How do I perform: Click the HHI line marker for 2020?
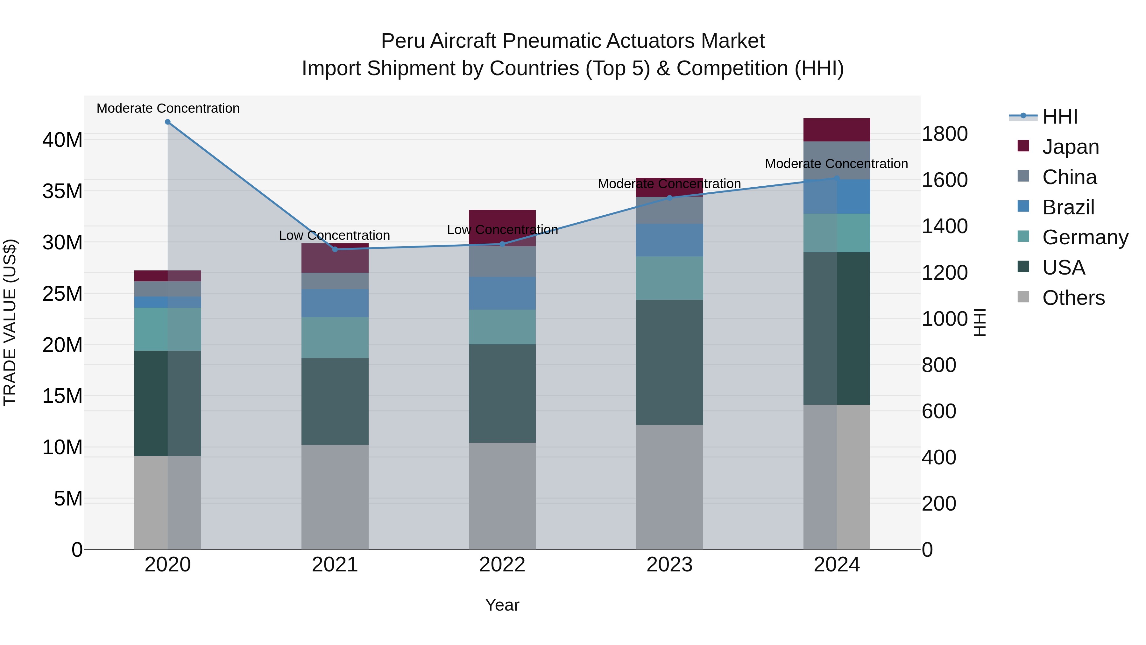168,122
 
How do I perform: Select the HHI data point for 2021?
335,249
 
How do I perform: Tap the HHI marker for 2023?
669,198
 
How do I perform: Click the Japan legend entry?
1070,147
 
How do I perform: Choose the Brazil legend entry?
1068,207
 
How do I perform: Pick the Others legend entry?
1073,298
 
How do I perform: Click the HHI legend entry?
1060,117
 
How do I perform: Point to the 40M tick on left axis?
62,140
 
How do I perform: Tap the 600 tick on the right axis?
939,411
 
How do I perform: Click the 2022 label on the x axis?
502,565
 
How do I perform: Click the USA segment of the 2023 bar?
669,362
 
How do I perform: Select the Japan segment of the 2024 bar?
837,130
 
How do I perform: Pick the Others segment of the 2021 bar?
335,497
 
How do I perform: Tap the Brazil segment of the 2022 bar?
502,293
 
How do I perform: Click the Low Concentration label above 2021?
335,235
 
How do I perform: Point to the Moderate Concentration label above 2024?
836,164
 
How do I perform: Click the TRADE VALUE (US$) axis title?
10,322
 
